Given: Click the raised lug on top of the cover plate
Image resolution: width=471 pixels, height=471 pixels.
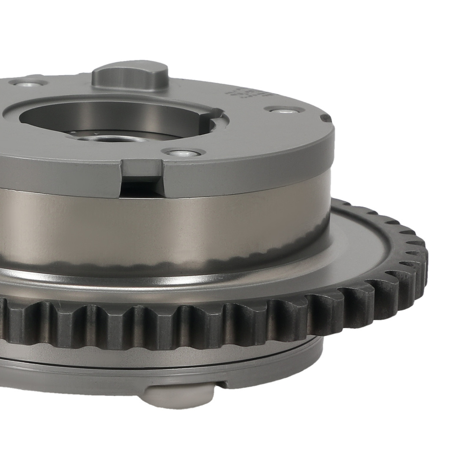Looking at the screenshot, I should click(130, 75).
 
